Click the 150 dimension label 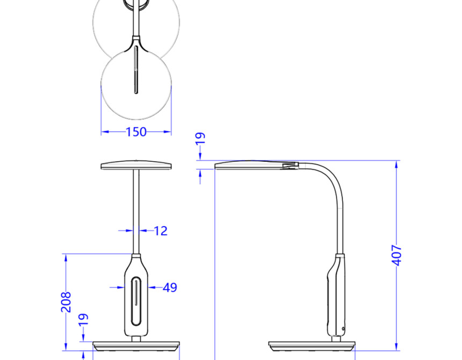pyautogui.click(x=136, y=132)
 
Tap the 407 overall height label pyautogui.click(x=397, y=255)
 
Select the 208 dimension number pyautogui.click(x=66, y=302)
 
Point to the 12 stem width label pyautogui.click(x=161, y=231)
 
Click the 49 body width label pyautogui.click(x=170, y=287)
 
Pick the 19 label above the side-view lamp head pyautogui.click(x=200, y=138)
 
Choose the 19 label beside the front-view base pyautogui.click(x=83, y=319)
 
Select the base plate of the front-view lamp pyautogui.click(x=136, y=346)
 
